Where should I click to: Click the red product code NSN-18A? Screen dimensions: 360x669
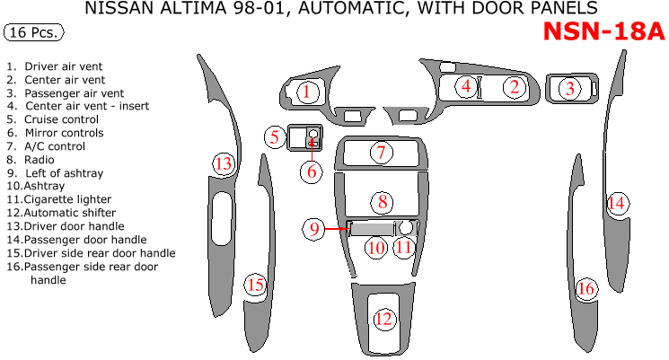pyautogui.click(x=603, y=31)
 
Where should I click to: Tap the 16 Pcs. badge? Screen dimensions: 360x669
pyautogui.click(x=34, y=33)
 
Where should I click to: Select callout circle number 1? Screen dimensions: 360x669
pyautogui.click(x=306, y=91)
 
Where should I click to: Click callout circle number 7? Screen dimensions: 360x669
pyautogui.click(x=381, y=153)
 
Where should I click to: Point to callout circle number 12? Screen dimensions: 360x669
pyautogui.click(x=383, y=319)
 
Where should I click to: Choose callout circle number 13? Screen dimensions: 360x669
pyautogui.click(x=223, y=163)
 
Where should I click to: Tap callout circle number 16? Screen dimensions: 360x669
pyautogui.click(x=586, y=288)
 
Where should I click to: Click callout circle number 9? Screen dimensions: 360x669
pyautogui.click(x=315, y=229)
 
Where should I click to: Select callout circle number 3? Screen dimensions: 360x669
pyautogui.click(x=568, y=89)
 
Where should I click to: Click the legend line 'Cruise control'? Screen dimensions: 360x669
pyautogui.click(x=61, y=119)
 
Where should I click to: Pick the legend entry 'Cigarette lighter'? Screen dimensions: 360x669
pyautogui.click(x=59, y=199)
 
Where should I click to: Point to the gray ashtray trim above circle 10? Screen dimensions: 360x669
pyautogui.click(x=370, y=228)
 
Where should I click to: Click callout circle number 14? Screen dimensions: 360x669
pyautogui.click(x=616, y=203)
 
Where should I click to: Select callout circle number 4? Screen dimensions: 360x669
pyautogui.click(x=466, y=87)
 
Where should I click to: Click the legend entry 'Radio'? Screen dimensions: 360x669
pyautogui.click(x=40, y=159)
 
